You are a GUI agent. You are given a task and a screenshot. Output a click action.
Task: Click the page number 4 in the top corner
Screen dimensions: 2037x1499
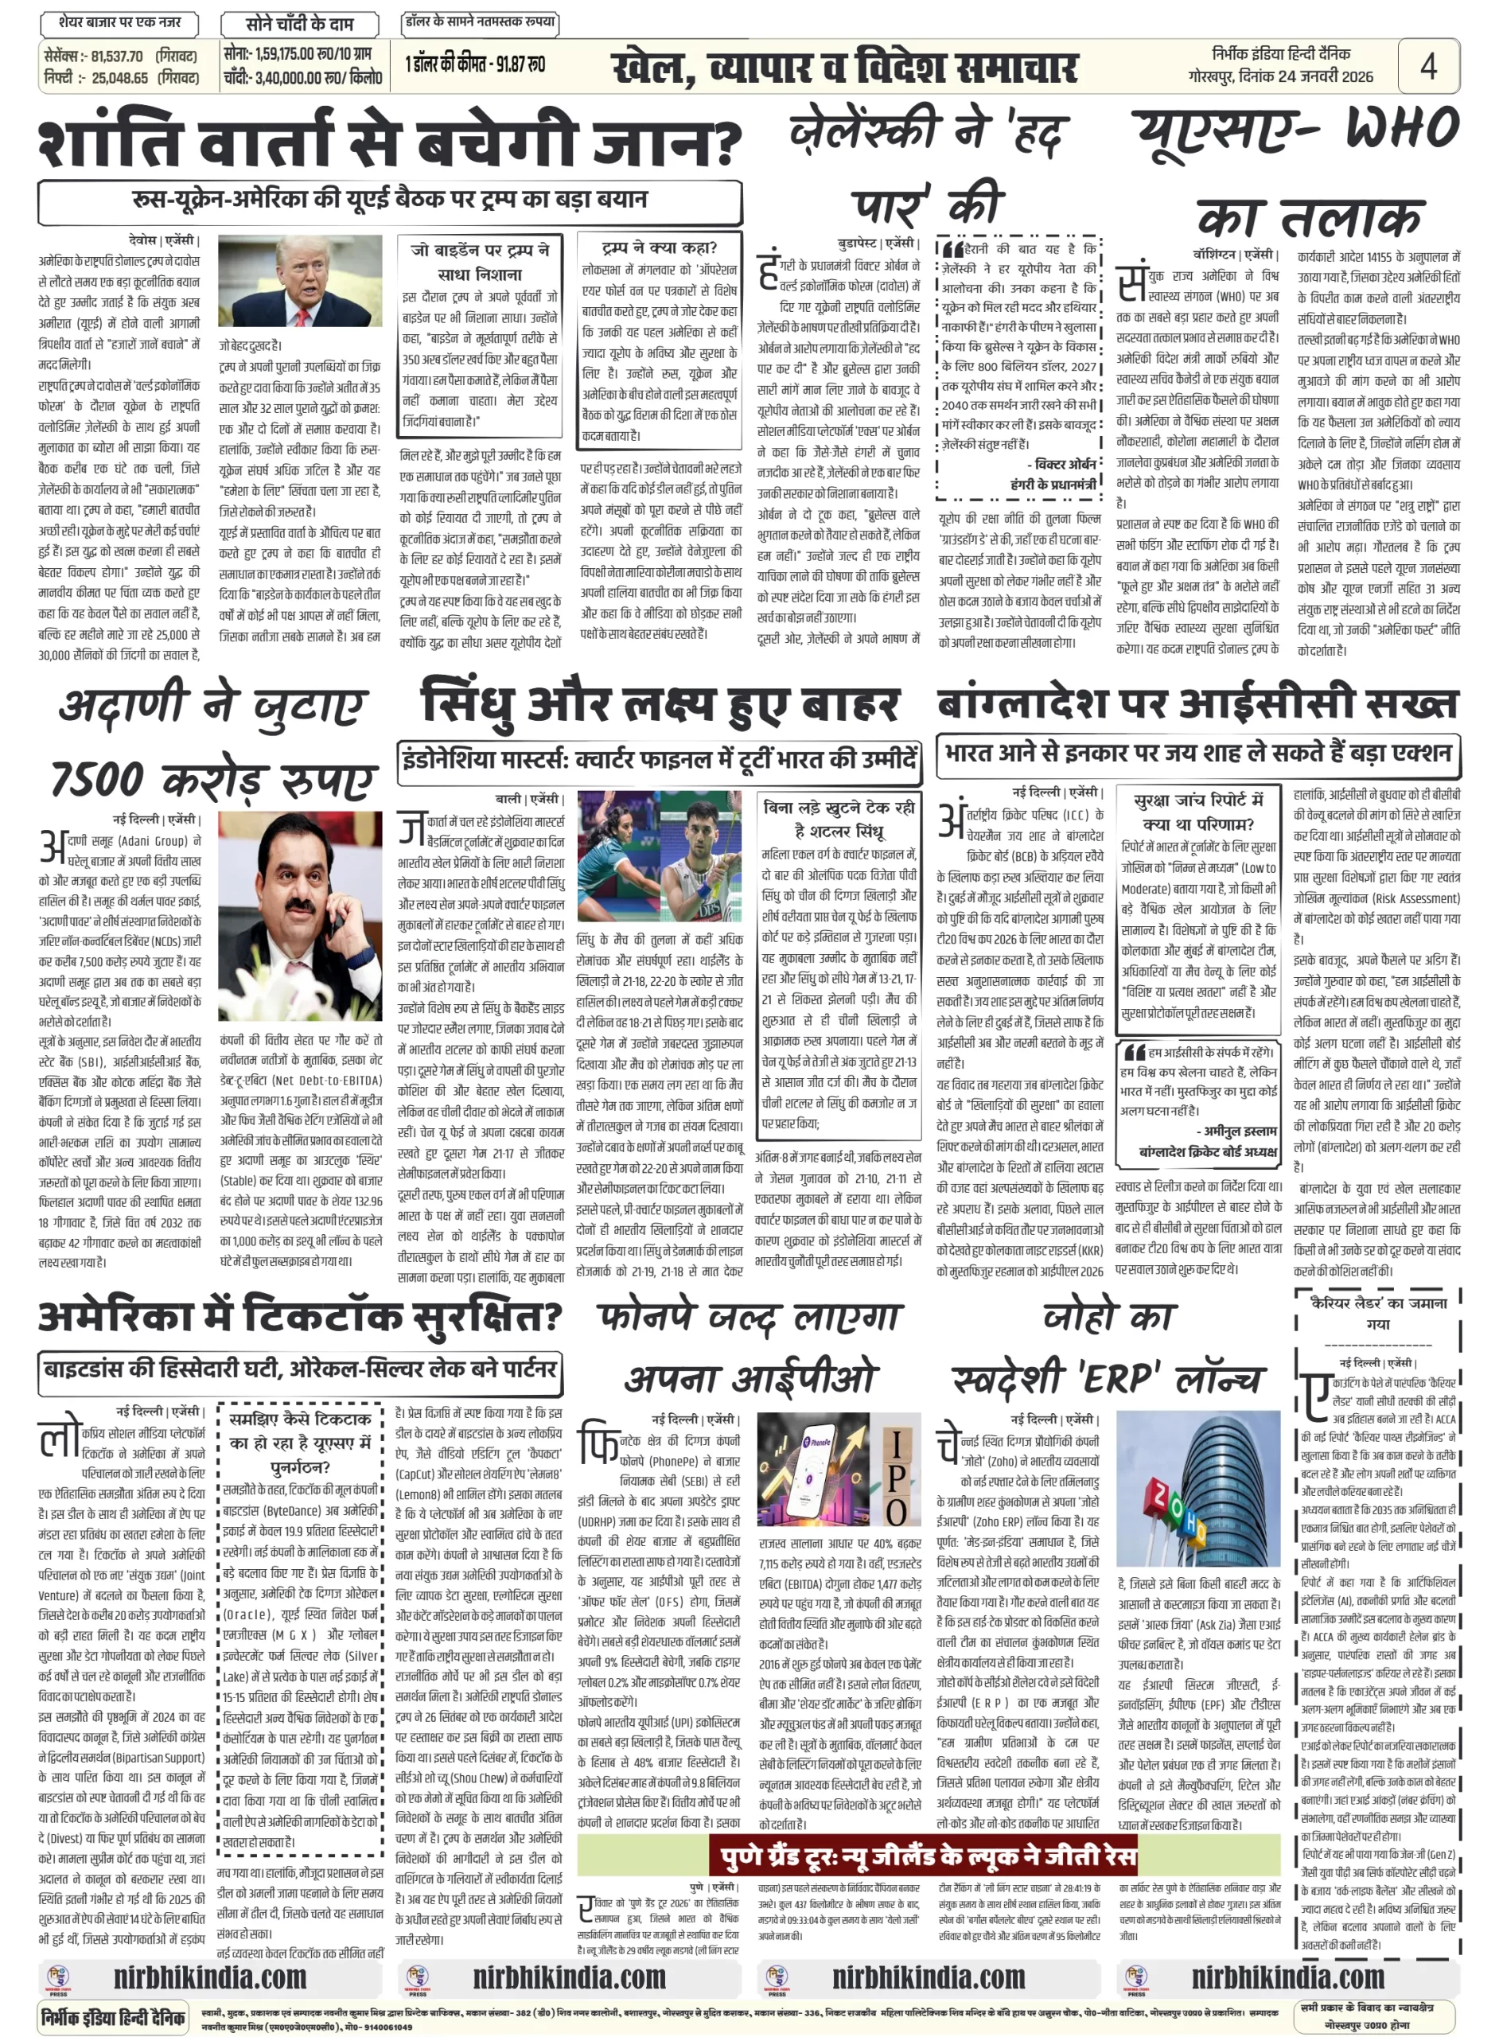pos(1427,66)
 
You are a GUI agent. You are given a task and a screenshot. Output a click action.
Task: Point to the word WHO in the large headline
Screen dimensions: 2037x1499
pos(1402,128)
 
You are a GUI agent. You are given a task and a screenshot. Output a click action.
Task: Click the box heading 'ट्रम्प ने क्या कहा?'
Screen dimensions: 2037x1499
pos(659,247)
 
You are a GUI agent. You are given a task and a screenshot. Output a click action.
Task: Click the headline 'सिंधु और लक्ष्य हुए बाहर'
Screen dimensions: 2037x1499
pos(660,705)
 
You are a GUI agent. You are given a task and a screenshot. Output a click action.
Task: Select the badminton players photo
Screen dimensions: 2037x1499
pos(660,855)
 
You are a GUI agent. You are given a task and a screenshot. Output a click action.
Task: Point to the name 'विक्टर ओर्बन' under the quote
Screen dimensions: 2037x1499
pos(1065,465)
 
